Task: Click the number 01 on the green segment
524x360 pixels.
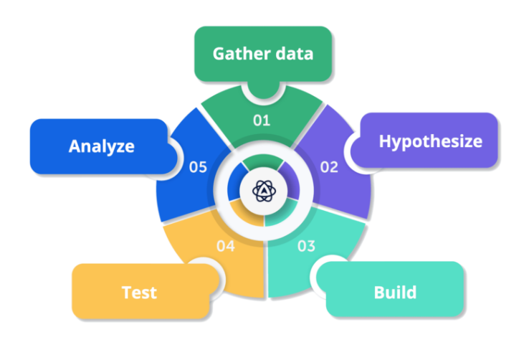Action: click(x=262, y=120)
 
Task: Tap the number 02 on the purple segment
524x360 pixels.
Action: click(x=329, y=167)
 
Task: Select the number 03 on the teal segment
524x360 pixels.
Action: click(x=306, y=246)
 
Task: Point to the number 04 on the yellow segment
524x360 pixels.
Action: click(x=226, y=246)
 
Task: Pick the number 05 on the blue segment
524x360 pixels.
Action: click(x=198, y=167)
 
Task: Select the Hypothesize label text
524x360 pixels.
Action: click(x=430, y=141)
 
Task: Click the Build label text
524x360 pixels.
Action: click(x=395, y=293)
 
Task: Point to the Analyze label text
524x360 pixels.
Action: click(x=101, y=147)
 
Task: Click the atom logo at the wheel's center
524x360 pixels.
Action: click(x=264, y=190)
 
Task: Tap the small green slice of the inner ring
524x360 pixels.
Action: click(x=264, y=161)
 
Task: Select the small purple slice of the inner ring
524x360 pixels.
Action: click(x=291, y=181)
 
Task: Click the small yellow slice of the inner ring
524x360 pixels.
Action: click(x=247, y=213)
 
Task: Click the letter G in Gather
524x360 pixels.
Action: click(x=218, y=54)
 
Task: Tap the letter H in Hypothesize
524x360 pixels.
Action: click(x=384, y=141)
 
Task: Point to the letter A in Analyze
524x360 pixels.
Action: click(x=74, y=147)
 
